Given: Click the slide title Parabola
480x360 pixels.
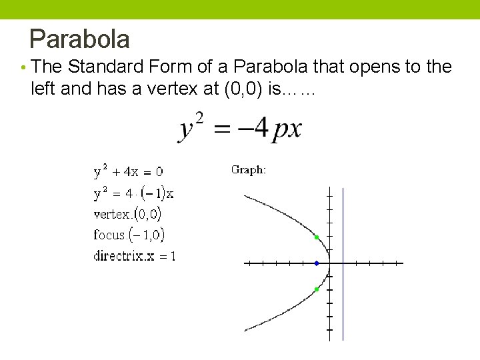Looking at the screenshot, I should pos(79,39).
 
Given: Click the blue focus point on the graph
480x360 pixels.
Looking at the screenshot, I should pos(317,263).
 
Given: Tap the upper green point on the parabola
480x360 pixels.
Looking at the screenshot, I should pos(317,237).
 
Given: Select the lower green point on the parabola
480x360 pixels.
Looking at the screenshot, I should pos(317,289).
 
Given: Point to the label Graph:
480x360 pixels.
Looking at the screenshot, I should pos(249,170).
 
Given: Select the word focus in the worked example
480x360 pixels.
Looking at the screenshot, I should pos(109,235).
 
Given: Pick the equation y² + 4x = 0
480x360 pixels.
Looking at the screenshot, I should pos(128,172).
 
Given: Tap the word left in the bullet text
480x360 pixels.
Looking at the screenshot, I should pos(43,89).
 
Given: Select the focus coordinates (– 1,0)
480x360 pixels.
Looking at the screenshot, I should pos(147,235).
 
